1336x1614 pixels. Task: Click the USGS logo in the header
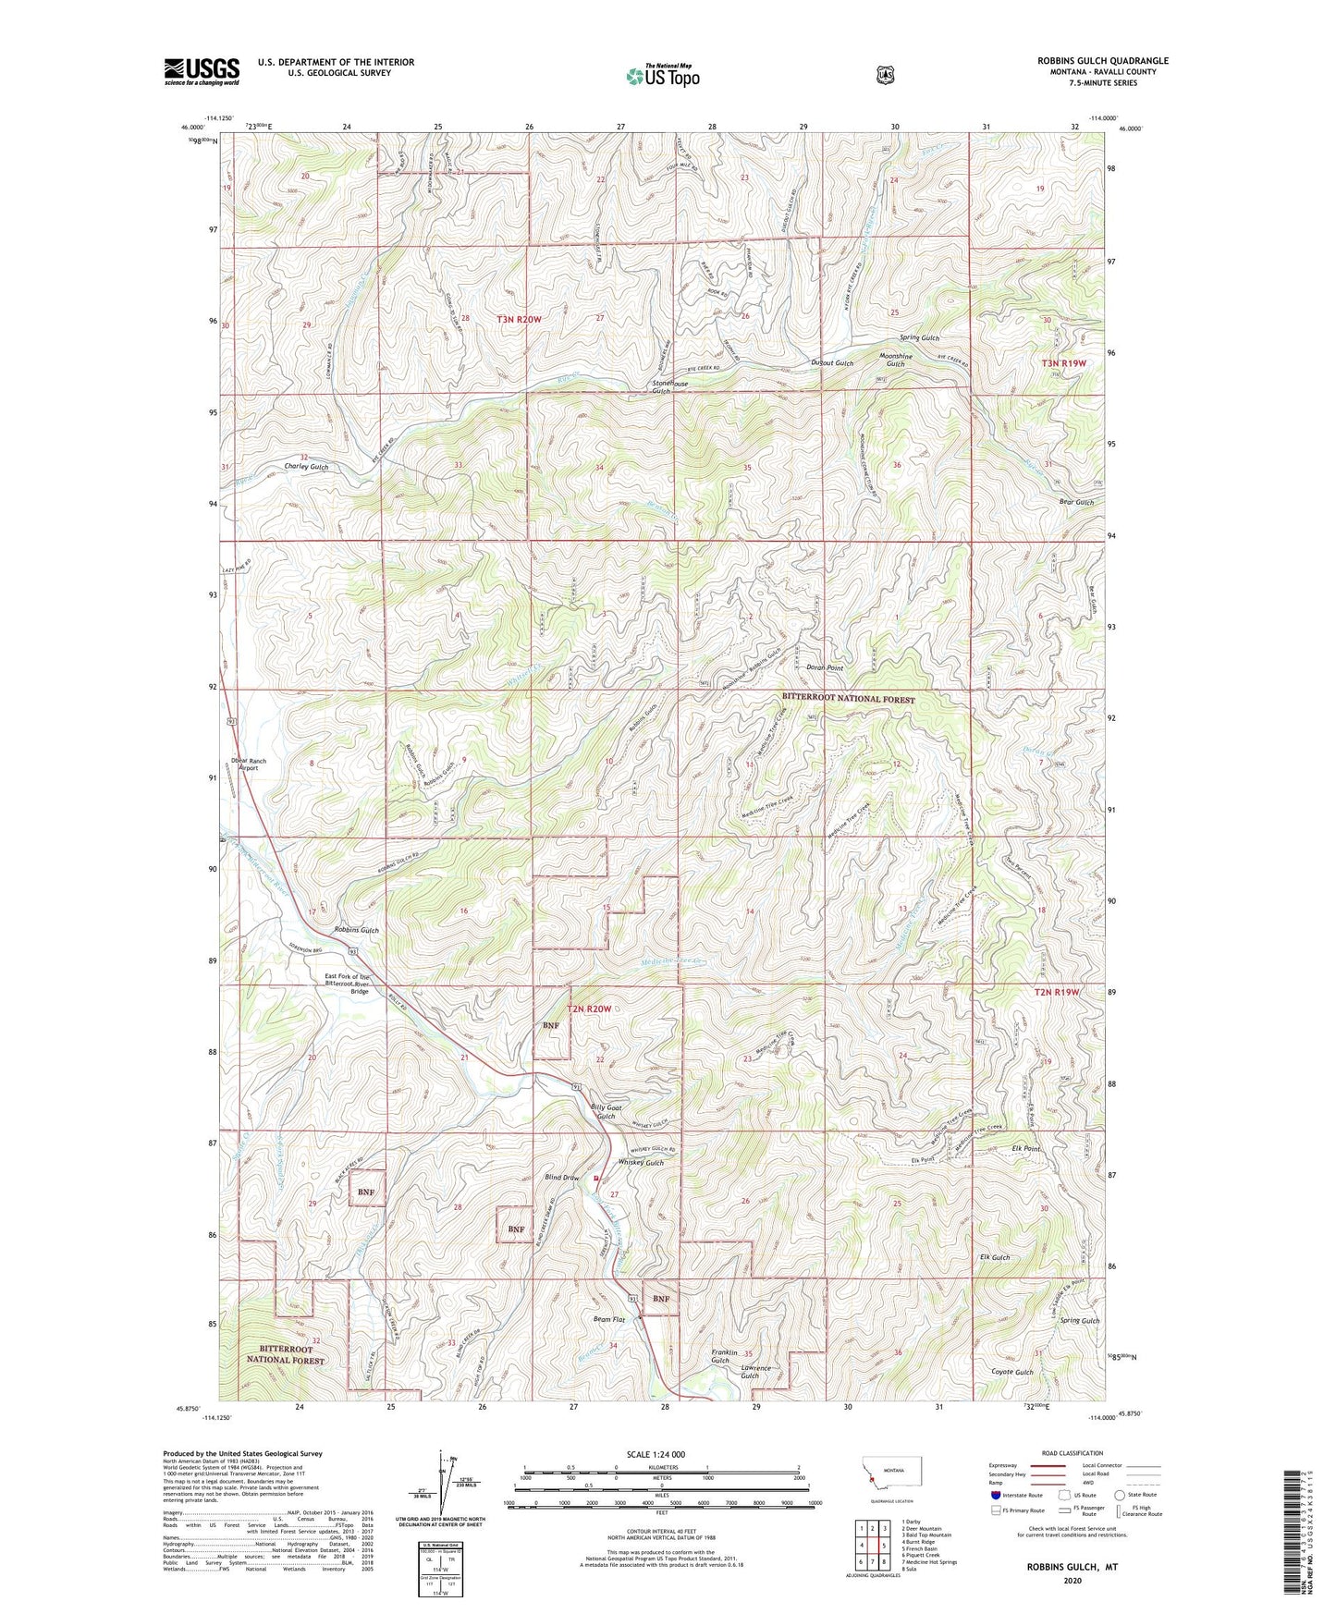pyautogui.click(x=202, y=70)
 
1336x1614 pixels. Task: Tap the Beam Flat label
pyautogui.click(x=610, y=1320)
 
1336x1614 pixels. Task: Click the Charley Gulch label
pyautogui.click(x=306, y=467)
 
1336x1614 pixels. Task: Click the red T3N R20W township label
pyautogui.click(x=518, y=319)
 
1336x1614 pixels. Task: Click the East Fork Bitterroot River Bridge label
pyautogui.click(x=346, y=984)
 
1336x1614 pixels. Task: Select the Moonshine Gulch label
pyautogui.click(x=895, y=360)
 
